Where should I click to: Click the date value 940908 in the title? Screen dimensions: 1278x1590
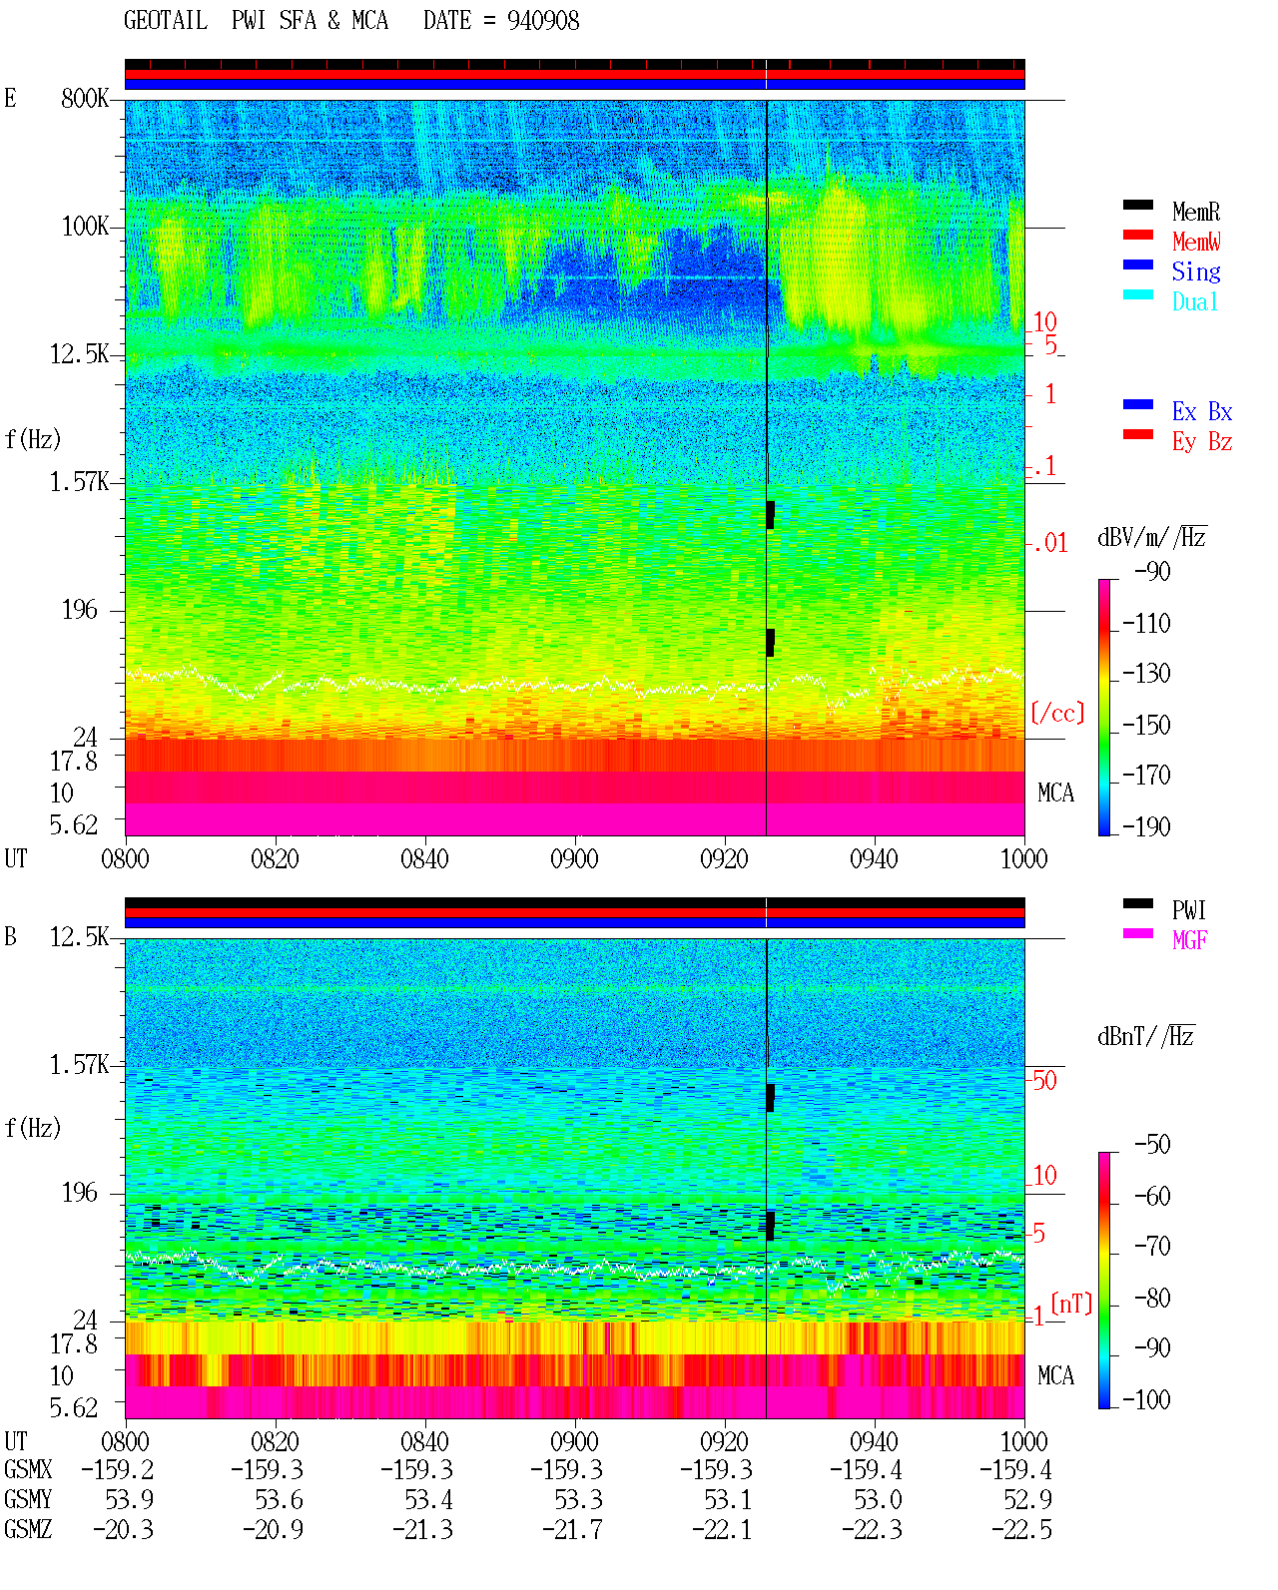(x=542, y=21)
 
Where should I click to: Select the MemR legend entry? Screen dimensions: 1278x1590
(x=1195, y=212)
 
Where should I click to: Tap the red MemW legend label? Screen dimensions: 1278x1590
(x=1195, y=242)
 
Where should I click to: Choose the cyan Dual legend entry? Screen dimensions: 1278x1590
(x=1194, y=301)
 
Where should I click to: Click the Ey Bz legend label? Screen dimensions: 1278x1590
(x=1201, y=442)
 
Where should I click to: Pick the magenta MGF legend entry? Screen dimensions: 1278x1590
(x=1189, y=940)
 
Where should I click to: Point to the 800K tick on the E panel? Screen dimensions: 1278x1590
(x=85, y=98)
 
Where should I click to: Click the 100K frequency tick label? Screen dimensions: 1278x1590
(x=85, y=227)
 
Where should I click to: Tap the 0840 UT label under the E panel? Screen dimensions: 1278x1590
(x=424, y=858)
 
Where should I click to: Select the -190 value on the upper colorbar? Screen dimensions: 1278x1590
(x=1146, y=826)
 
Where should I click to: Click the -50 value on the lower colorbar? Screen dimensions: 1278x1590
(x=1152, y=1145)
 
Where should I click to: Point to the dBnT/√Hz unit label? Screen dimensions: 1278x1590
(x=1145, y=1036)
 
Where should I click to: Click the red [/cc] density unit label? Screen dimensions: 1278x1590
(x=1057, y=713)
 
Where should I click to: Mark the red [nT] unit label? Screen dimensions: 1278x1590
(x=1071, y=1304)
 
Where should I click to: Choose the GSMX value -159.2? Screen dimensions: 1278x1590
(x=117, y=1469)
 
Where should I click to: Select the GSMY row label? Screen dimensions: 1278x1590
(x=28, y=1499)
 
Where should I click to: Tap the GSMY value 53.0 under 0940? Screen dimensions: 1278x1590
(x=878, y=1500)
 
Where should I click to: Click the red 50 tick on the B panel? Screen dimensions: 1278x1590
(x=1044, y=1080)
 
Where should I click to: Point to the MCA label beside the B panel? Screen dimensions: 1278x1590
(x=1055, y=1375)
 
